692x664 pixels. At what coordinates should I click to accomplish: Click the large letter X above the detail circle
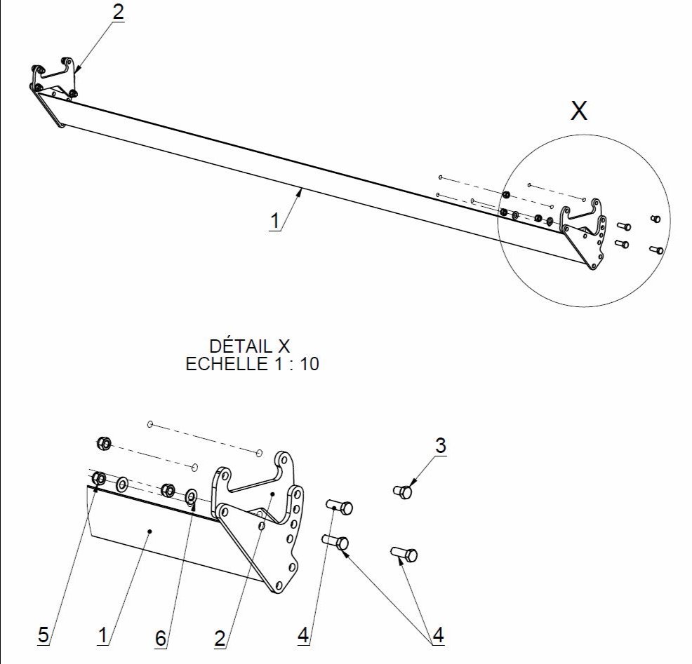[578, 111]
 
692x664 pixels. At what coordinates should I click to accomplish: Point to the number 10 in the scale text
[309, 364]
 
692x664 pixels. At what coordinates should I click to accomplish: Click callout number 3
[440, 445]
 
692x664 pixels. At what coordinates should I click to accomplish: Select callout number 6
[161, 638]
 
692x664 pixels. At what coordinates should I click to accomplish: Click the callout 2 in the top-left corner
[118, 13]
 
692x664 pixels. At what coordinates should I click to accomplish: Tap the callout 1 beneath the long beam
[275, 220]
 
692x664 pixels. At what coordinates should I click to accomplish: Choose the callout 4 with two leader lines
[438, 635]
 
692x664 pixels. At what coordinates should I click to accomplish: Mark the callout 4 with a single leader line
[303, 635]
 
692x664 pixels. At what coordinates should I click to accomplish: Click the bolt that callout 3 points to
[404, 492]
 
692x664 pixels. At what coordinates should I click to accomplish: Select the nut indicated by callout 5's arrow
[99, 479]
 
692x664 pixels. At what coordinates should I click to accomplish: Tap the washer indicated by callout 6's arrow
[191, 497]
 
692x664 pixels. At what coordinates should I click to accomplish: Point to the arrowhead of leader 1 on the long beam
[301, 189]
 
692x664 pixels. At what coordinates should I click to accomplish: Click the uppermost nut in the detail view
[102, 443]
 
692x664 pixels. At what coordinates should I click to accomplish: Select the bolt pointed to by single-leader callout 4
[340, 506]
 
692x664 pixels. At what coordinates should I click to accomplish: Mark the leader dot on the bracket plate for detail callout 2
[272, 494]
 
